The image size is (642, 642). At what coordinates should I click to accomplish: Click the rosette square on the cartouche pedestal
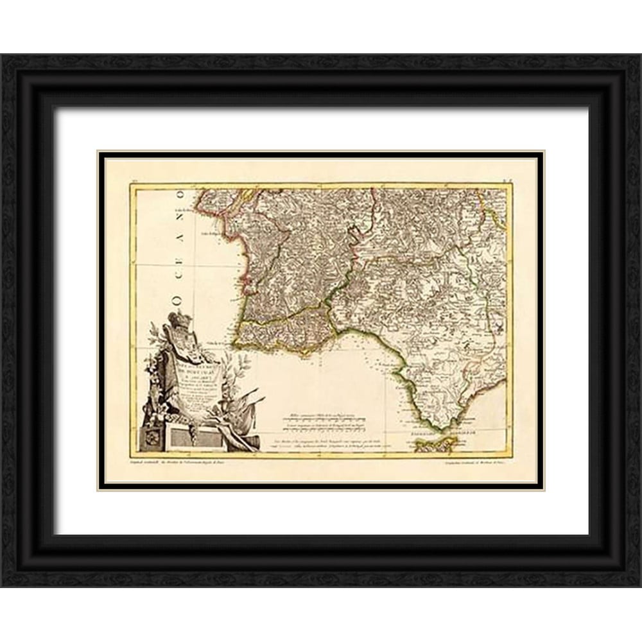click(x=153, y=438)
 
